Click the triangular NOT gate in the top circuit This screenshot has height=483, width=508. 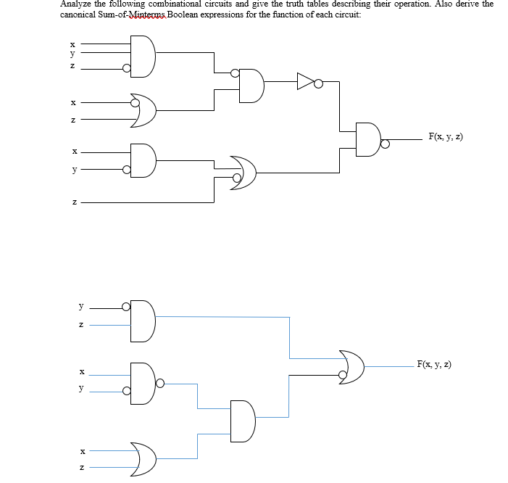pos(305,83)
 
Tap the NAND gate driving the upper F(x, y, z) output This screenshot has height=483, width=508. pos(368,139)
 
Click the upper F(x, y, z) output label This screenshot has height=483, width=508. pos(445,136)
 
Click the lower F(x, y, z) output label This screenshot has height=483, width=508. pos(434,364)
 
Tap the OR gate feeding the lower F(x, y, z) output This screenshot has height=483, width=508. pos(352,366)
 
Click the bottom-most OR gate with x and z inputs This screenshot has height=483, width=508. pos(143,458)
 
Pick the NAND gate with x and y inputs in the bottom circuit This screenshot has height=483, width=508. pos(143,381)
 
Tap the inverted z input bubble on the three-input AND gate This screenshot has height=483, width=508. pos(128,70)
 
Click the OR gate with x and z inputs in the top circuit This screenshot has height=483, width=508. pos(145,110)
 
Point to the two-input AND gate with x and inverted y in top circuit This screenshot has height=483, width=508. pos(143,161)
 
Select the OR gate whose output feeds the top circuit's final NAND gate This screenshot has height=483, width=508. pos(245,173)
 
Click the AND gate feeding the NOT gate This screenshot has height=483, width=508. pos(251,85)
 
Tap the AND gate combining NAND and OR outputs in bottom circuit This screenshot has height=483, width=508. pos(243,420)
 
